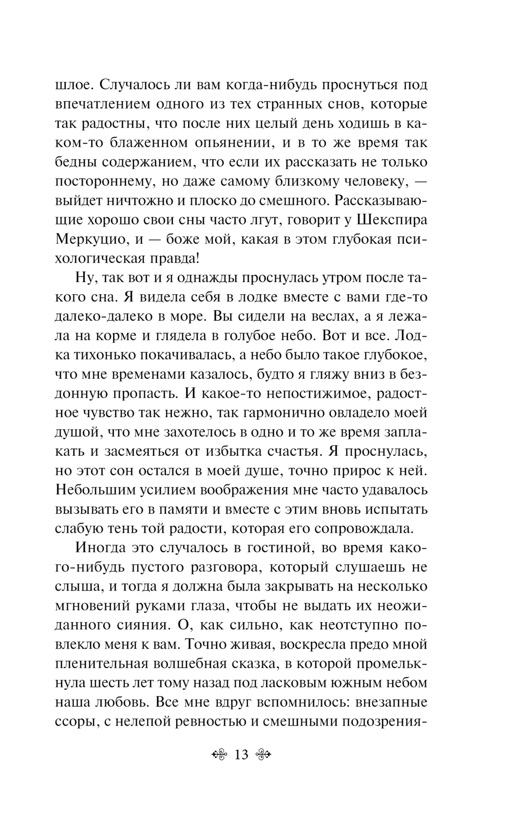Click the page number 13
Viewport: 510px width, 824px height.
[241, 755]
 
